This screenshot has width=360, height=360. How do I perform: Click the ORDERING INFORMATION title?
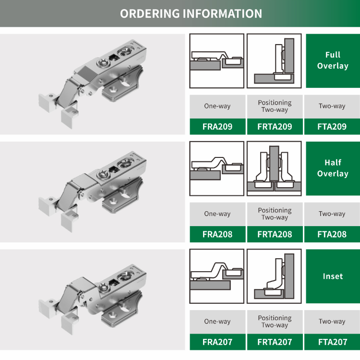(x=191, y=13)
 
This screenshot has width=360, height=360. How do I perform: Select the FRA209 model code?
(x=217, y=127)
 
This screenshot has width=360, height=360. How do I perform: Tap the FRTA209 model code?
(x=275, y=127)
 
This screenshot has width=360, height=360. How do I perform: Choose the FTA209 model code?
(x=332, y=127)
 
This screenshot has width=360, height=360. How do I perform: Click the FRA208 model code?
(x=217, y=235)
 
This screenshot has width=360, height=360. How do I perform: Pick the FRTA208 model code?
(x=275, y=235)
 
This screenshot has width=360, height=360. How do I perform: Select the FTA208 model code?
(x=332, y=235)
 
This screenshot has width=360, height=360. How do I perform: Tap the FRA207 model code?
(x=217, y=342)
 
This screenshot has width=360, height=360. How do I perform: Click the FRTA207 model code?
(x=275, y=342)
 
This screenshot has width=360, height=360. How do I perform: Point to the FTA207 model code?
(x=332, y=342)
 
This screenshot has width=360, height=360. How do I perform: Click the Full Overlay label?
(x=332, y=60)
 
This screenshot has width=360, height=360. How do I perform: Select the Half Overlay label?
(x=332, y=168)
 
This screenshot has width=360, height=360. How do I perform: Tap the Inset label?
(x=332, y=276)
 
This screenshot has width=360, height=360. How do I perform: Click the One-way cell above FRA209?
(x=217, y=106)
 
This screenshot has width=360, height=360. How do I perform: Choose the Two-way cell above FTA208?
(x=332, y=214)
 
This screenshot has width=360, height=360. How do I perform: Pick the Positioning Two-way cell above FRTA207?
(x=275, y=322)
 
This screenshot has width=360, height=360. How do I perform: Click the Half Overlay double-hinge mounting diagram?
(x=274, y=168)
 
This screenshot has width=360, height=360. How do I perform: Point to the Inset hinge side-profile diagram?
(x=217, y=276)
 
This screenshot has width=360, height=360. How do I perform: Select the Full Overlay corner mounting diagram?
(x=274, y=60)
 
